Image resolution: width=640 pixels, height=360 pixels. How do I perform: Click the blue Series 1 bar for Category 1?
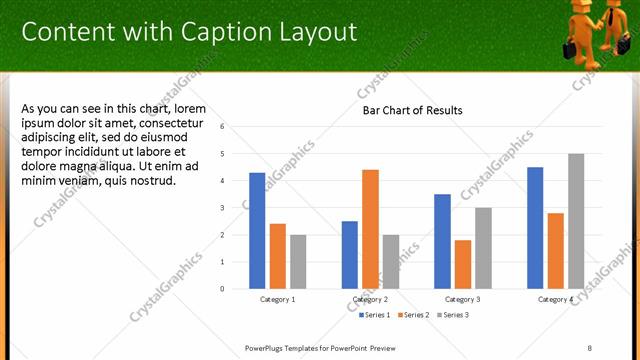(x=257, y=231)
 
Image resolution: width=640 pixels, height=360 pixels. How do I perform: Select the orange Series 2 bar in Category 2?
(x=370, y=229)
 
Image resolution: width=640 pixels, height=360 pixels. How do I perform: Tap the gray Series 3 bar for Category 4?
(x=576, y=221)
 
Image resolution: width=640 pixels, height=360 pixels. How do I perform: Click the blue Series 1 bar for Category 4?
(x=535, y=228)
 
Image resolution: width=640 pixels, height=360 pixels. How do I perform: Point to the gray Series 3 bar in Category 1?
(x=298, y=262)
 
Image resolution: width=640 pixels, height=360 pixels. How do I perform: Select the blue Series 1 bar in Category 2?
(x=349, y=255)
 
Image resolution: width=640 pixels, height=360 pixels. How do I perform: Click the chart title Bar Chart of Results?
(x=413, y=111)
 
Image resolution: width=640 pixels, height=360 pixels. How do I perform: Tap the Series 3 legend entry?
(x=451, y=315)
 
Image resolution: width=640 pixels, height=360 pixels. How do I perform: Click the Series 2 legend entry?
(x=414, y=315)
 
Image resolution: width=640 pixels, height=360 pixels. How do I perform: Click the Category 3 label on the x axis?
(x=462, y=300)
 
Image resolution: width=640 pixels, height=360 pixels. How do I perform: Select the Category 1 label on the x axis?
(x=277, y=300)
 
